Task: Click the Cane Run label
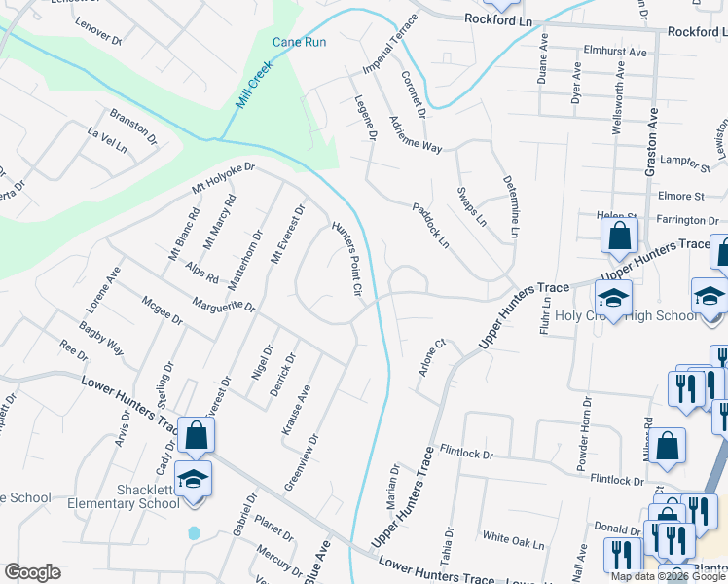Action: pos(299,43)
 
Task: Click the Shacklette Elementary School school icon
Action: pos(194,480)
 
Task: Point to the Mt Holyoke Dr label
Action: pos(223,176)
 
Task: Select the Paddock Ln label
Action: pos(430,224)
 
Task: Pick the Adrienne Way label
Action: pos(415,134)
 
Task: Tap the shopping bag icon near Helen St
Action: pos(619,235)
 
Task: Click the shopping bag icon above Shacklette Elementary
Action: pos(196,437)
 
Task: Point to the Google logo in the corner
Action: pos(32,572)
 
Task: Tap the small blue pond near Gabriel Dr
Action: pos(194,533)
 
